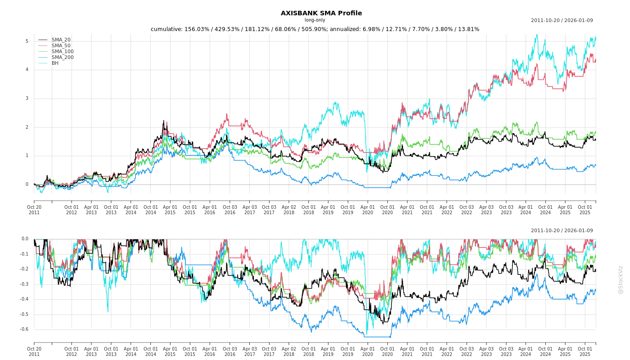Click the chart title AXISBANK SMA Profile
click(x=321, y=13)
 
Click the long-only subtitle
click(x=315, y=20)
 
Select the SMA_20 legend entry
click(x=61, y=40)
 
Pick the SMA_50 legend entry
click(x=61, y=46)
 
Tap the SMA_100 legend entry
click(x=63, y=52)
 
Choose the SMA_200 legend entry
click(x=63, y=58)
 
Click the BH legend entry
click(x=55, y=63)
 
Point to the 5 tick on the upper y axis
click(x=27, y=41)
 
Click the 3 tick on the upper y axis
click(x=27, y=99)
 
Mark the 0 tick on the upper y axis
click(x=27, y=184)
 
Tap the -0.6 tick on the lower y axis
click(x=24, y=329)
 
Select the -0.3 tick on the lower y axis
click(x=24, y=284)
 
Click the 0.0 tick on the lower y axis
click(x=25, y=239)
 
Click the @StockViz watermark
click(x=621, y=279)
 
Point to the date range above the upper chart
click(x=562, y=20)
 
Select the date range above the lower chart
click(x=562, y=231)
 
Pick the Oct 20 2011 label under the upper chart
click(x=34, y=210)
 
